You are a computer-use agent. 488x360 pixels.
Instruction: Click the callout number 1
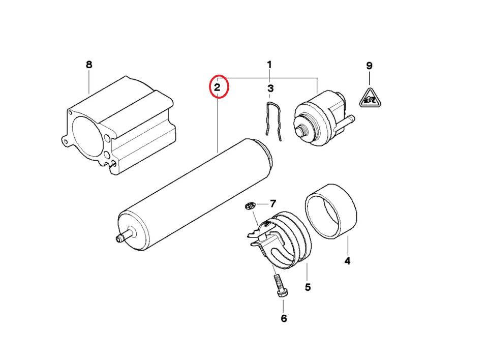pos(269,65)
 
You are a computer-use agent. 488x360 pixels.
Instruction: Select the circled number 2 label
pos(217,87)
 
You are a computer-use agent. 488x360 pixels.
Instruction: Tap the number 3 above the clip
pos(270,88)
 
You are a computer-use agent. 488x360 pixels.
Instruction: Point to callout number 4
pos(347,261)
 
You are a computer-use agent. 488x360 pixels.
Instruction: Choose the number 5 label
pos(308,287)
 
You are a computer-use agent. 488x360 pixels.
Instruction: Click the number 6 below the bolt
pos(284,319)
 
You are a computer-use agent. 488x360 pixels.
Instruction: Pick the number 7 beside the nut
pos(272,204)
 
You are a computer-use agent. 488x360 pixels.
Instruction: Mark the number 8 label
pos(89,65)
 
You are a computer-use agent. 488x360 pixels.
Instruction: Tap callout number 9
pos(369,66)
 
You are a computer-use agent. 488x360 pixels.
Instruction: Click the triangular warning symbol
pos(371,99)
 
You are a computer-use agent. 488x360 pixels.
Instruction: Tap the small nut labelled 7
pos(250,206)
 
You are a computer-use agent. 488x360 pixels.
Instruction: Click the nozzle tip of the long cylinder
pos(118,239)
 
